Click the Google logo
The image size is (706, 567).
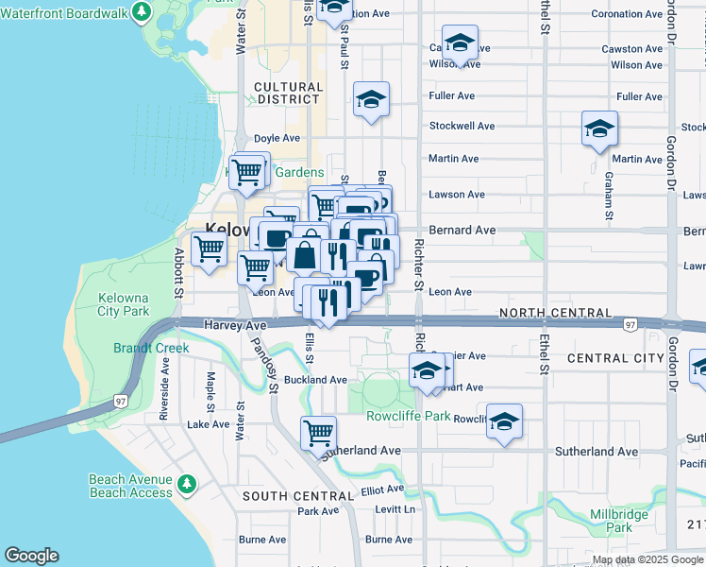tap(31, 556)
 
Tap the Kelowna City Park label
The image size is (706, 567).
tap(124, 304)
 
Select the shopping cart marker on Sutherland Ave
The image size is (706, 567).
tap(319, 434)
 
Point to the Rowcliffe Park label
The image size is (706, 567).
tap(396, 416)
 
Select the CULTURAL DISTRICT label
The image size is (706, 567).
tap(289, 93)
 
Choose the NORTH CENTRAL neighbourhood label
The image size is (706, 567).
tap(551, 313)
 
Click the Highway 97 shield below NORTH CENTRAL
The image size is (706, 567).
tap(629, 325)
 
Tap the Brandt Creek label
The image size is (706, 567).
tap(151, 348)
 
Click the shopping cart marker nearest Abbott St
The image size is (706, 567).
tap(209, 249)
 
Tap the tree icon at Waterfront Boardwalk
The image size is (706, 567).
tap(142, 11)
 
